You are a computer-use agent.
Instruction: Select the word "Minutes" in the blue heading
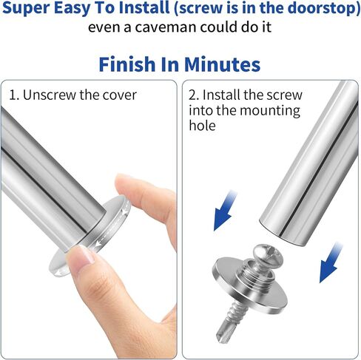pyautogui.click(x=222, y=64)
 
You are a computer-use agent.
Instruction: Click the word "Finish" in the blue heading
pyautogui.click(x=126, y=64)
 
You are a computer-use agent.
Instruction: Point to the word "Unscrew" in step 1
pyautogui.click(x=49, y=95)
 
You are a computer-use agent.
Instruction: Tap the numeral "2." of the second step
pyautogui.click(x=194, y=95)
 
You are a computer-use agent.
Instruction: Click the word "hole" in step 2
pyautogui.click(x=202, y=125)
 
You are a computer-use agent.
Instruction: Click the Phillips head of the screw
pyautogui.click(x=268, y=254)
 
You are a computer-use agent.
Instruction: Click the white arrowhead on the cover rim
pyautogui.click(x=98, y=244)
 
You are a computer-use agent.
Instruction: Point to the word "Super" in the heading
pyautogui.click(x=26, y=8)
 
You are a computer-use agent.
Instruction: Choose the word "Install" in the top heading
pyautogui.click(x=145, y=7)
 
